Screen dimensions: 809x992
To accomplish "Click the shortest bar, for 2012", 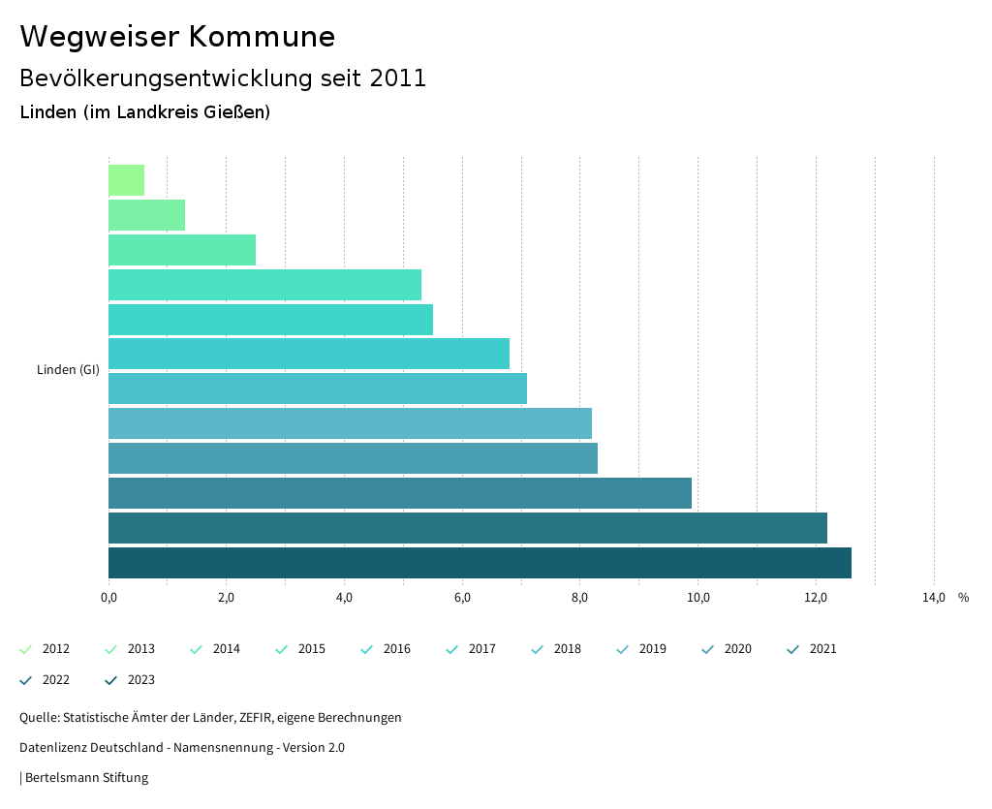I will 126,180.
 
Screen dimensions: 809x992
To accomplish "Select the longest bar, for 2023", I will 480,563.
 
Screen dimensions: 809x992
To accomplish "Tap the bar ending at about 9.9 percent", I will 399,493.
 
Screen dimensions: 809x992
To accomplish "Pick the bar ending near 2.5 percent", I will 182,250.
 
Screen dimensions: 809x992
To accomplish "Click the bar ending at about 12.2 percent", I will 467,528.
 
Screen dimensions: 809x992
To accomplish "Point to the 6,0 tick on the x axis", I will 462,597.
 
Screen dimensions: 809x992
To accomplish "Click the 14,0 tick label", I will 933,597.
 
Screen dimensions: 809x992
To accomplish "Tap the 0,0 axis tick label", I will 108,597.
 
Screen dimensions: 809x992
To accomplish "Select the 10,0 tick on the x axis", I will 697,597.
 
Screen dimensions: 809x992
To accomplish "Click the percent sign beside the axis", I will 963,597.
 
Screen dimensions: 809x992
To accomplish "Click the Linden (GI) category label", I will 68,369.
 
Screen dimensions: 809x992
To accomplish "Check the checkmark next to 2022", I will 26,680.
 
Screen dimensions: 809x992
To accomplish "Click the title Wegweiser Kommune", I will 177,37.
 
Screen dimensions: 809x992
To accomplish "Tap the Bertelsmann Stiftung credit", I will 86,777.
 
